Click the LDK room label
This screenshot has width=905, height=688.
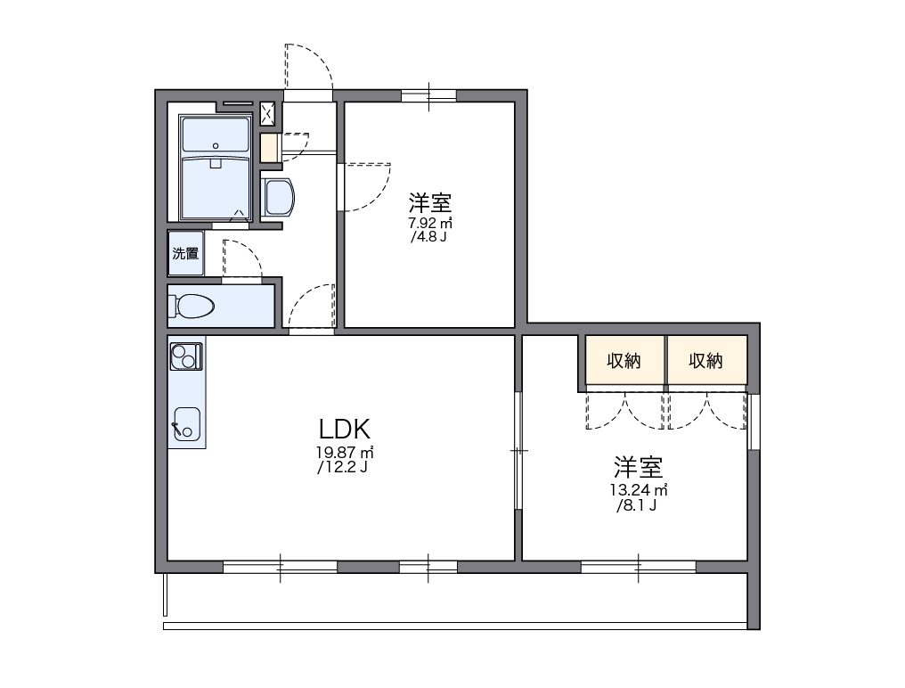340,429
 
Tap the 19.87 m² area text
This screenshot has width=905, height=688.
342,453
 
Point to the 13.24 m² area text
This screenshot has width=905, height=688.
638,490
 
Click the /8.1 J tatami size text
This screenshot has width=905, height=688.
636,506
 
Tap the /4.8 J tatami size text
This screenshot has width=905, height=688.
428,238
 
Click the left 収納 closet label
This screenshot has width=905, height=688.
624,361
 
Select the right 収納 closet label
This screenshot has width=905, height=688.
705,361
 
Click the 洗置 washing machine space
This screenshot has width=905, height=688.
185,253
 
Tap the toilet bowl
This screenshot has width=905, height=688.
194,306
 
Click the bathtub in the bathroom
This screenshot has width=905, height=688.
215,187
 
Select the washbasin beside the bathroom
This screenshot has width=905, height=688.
278,197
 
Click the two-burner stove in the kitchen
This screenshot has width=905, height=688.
186,356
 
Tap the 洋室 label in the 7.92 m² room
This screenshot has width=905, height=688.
430,201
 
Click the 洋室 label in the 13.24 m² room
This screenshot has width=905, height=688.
638,466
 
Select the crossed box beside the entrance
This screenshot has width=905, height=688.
267,113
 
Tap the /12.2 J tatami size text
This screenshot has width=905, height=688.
342,468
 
